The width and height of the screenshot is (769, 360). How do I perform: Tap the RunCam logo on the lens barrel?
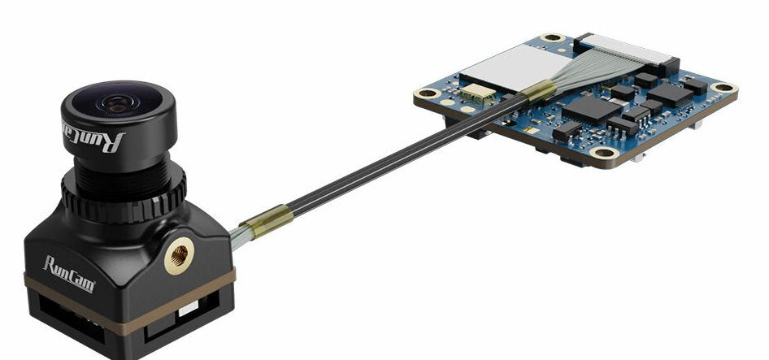click(95, 137)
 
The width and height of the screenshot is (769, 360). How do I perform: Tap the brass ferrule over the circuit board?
click(539, 91)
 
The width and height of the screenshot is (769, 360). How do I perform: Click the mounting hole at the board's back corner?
click(554, 37)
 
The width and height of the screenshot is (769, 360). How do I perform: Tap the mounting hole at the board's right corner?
click(721, 88)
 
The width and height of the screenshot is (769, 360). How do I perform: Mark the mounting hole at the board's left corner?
click(426, 95)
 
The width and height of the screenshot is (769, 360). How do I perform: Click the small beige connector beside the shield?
click(470, 95)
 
